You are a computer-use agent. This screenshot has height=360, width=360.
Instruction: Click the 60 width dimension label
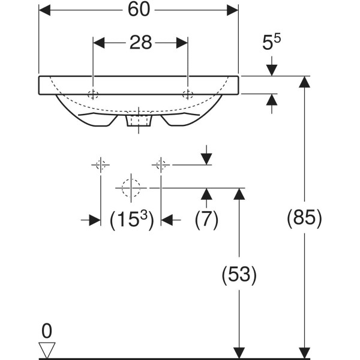(x=139, y=10)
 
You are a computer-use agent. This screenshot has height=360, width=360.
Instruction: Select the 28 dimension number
(x=141, y=43)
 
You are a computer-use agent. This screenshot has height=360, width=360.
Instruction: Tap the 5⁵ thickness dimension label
(x=271, y=42)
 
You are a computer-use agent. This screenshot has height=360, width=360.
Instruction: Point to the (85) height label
(x=305, y=218)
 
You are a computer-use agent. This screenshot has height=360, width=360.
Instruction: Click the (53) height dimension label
(x=239, y=274)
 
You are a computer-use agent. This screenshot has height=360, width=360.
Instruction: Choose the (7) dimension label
(x=206, y=219)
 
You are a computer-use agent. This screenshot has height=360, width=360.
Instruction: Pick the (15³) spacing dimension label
(x=131, y=220)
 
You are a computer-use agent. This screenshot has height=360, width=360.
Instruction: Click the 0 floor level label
(x=47, y=331)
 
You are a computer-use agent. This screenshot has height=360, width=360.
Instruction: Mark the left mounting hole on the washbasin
(x=93, y=94)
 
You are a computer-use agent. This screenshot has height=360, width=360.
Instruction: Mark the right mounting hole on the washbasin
(x=188, y=94)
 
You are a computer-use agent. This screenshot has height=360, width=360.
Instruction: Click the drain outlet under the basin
(x=139, y=121)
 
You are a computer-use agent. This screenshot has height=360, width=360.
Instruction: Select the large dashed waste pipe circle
(x=131, y=188)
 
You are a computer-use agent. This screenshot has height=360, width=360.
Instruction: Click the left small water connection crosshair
(x=101, y=165)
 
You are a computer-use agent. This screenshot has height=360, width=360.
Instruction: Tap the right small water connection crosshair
(x=161, y=165)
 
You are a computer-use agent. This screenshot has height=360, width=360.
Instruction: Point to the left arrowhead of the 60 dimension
(x=44, y=10)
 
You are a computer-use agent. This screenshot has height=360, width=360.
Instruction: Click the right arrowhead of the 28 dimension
(x=182, y=43)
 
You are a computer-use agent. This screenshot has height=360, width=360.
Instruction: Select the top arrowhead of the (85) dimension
(x=305, y=82)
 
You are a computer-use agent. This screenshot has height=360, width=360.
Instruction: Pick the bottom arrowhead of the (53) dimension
(x=239, y=353)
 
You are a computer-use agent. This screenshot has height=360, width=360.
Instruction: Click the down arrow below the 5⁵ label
(x=272, y=66)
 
